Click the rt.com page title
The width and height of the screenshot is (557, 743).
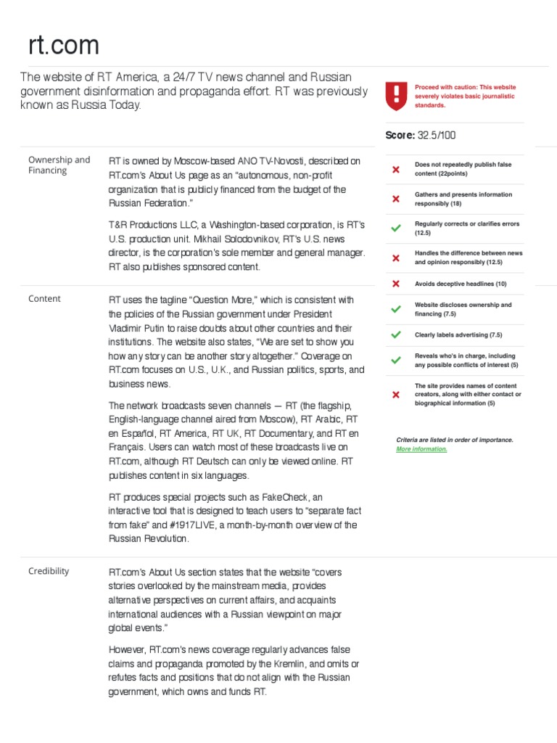[64, 46]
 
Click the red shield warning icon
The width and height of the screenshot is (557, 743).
[395, 96]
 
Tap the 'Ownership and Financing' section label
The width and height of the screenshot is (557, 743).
[59, 165]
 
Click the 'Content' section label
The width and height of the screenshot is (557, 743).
[44, 298]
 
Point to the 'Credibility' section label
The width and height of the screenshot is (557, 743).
[49, 570]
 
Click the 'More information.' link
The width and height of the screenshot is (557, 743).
[421, 448]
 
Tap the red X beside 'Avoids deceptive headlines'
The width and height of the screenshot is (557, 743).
[395, 284]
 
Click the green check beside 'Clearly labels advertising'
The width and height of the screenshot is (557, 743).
[395, 334]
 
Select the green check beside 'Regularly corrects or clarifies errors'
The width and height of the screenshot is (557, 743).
[395, 229]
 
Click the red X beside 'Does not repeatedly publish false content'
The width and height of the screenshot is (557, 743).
[395, 170]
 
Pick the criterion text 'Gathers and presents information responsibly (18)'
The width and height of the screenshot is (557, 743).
[463, 199]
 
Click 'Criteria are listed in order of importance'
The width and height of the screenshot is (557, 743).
[455, 440]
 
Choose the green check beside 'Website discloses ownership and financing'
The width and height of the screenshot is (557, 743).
[395, 309]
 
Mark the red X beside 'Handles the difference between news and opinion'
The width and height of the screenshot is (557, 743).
[395, 258]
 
